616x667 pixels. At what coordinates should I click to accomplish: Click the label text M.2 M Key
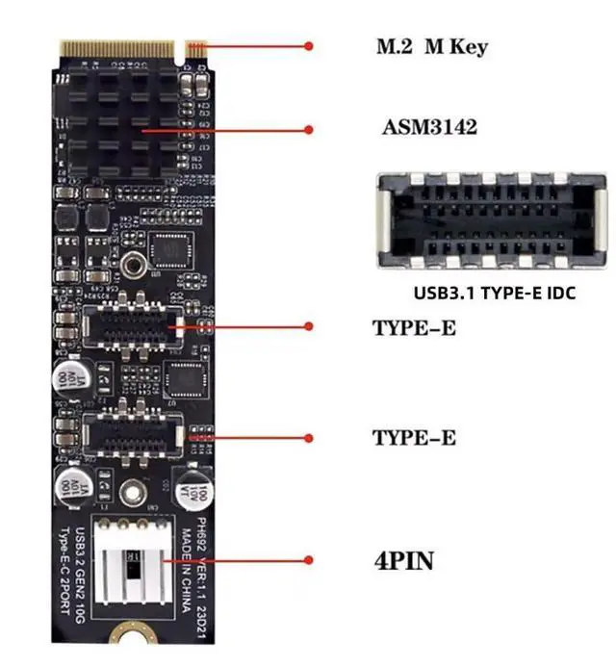430,47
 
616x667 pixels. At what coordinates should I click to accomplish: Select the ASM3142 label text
428,129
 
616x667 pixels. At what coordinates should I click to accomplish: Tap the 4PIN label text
403,560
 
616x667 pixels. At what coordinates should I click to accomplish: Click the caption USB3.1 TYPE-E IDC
494,293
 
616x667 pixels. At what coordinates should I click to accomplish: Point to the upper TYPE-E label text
414,328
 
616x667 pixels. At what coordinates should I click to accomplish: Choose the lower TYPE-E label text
414,438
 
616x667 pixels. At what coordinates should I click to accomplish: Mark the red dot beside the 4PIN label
309,559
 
